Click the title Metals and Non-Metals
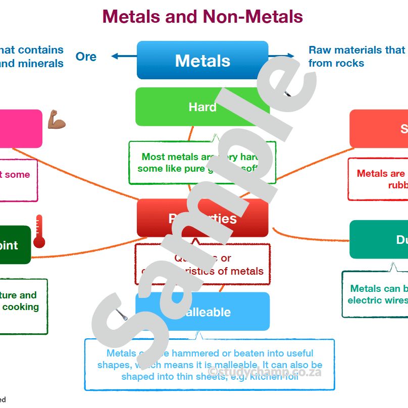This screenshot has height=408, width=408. [202, 16]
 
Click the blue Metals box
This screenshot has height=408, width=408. [202, 61]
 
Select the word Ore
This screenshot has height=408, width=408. [86, 57]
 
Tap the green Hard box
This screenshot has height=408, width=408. [202, 107]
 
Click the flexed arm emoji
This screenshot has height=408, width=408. [57, 121]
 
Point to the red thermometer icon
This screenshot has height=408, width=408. [39, 232]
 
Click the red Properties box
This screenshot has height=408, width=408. [202, 218]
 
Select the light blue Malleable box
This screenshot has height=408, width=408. [202, 312]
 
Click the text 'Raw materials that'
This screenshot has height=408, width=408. [356, 50]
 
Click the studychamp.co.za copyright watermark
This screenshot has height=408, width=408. [264, 372]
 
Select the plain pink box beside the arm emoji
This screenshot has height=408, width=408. [20, 129]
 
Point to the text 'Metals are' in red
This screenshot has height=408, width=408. [380, 173]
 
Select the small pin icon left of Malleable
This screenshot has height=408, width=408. [121, 316]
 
